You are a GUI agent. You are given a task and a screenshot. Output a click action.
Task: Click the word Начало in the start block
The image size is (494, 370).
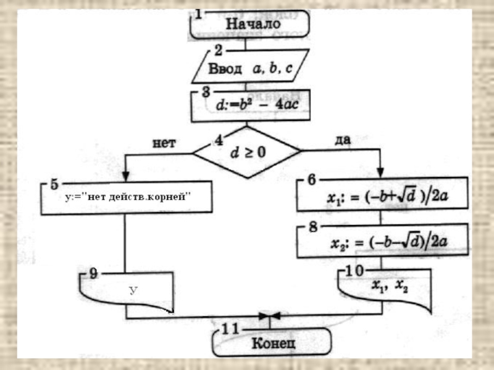[x=253, y=24]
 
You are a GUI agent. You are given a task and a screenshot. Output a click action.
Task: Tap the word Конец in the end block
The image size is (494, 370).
[x=274, y=343]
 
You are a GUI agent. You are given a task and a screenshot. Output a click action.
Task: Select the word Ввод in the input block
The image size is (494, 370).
[x=225, y=68]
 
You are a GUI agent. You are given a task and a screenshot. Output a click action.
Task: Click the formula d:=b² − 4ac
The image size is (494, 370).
[x=257, y=104]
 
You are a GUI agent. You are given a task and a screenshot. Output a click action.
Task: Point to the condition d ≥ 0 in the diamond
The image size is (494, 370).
[x=248, y=152]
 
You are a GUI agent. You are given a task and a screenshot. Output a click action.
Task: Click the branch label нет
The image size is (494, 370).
[x=164, y=143]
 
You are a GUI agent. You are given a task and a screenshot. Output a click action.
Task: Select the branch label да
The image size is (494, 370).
[x=343, y=140]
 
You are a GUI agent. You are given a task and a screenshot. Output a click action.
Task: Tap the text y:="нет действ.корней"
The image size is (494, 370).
[x=128, y=197]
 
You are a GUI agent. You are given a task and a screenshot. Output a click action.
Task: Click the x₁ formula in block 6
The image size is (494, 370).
[x=387, y=196]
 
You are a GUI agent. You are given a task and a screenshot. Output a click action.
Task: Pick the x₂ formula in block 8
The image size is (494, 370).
[x=389, y=242]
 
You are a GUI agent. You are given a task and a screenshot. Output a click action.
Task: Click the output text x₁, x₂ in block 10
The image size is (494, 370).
[x=390, y=286]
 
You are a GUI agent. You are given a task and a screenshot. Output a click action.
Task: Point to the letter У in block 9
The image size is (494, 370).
[x=133, y=290]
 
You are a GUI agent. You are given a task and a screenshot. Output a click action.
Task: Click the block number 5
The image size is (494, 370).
[x=54, y=184]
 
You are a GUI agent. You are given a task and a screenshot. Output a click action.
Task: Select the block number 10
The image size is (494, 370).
[x=354, y=271]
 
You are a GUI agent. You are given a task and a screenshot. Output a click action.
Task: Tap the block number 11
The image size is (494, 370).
[x=230, y=329]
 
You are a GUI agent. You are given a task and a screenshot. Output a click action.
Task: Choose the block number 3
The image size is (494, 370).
[x=206, y=91]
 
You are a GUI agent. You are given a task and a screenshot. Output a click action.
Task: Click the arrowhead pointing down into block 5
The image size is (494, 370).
[x=126, y=176]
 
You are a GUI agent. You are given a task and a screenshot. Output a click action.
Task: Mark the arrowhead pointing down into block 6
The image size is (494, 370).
[x=380, y=173]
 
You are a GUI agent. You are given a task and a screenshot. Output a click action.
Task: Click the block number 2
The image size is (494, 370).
[x=219, y=51]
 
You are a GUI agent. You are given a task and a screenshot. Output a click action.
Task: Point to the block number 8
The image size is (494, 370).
[x=313, y=226]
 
